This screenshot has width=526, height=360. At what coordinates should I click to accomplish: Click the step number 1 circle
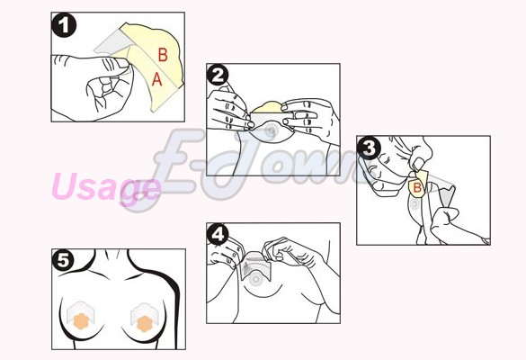(64, 25)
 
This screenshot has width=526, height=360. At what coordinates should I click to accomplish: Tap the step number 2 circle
(218, 76)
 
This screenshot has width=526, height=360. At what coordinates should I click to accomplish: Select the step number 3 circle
(369, 148)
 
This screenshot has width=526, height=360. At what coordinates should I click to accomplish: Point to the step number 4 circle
(218, 234)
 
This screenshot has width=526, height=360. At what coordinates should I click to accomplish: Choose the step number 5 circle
(64, 260)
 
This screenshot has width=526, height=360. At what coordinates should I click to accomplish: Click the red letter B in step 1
(163, 55)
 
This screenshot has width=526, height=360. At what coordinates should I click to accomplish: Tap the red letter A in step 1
(157, 79)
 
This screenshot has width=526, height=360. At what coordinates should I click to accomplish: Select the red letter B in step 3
(417, 187)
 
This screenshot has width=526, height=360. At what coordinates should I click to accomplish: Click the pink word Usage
(107, 187)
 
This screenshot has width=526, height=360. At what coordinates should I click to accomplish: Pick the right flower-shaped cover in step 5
(145, 323)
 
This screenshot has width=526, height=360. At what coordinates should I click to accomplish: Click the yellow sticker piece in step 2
(267, 107)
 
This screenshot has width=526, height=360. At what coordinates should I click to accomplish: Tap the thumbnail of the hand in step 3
(418, 164)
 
